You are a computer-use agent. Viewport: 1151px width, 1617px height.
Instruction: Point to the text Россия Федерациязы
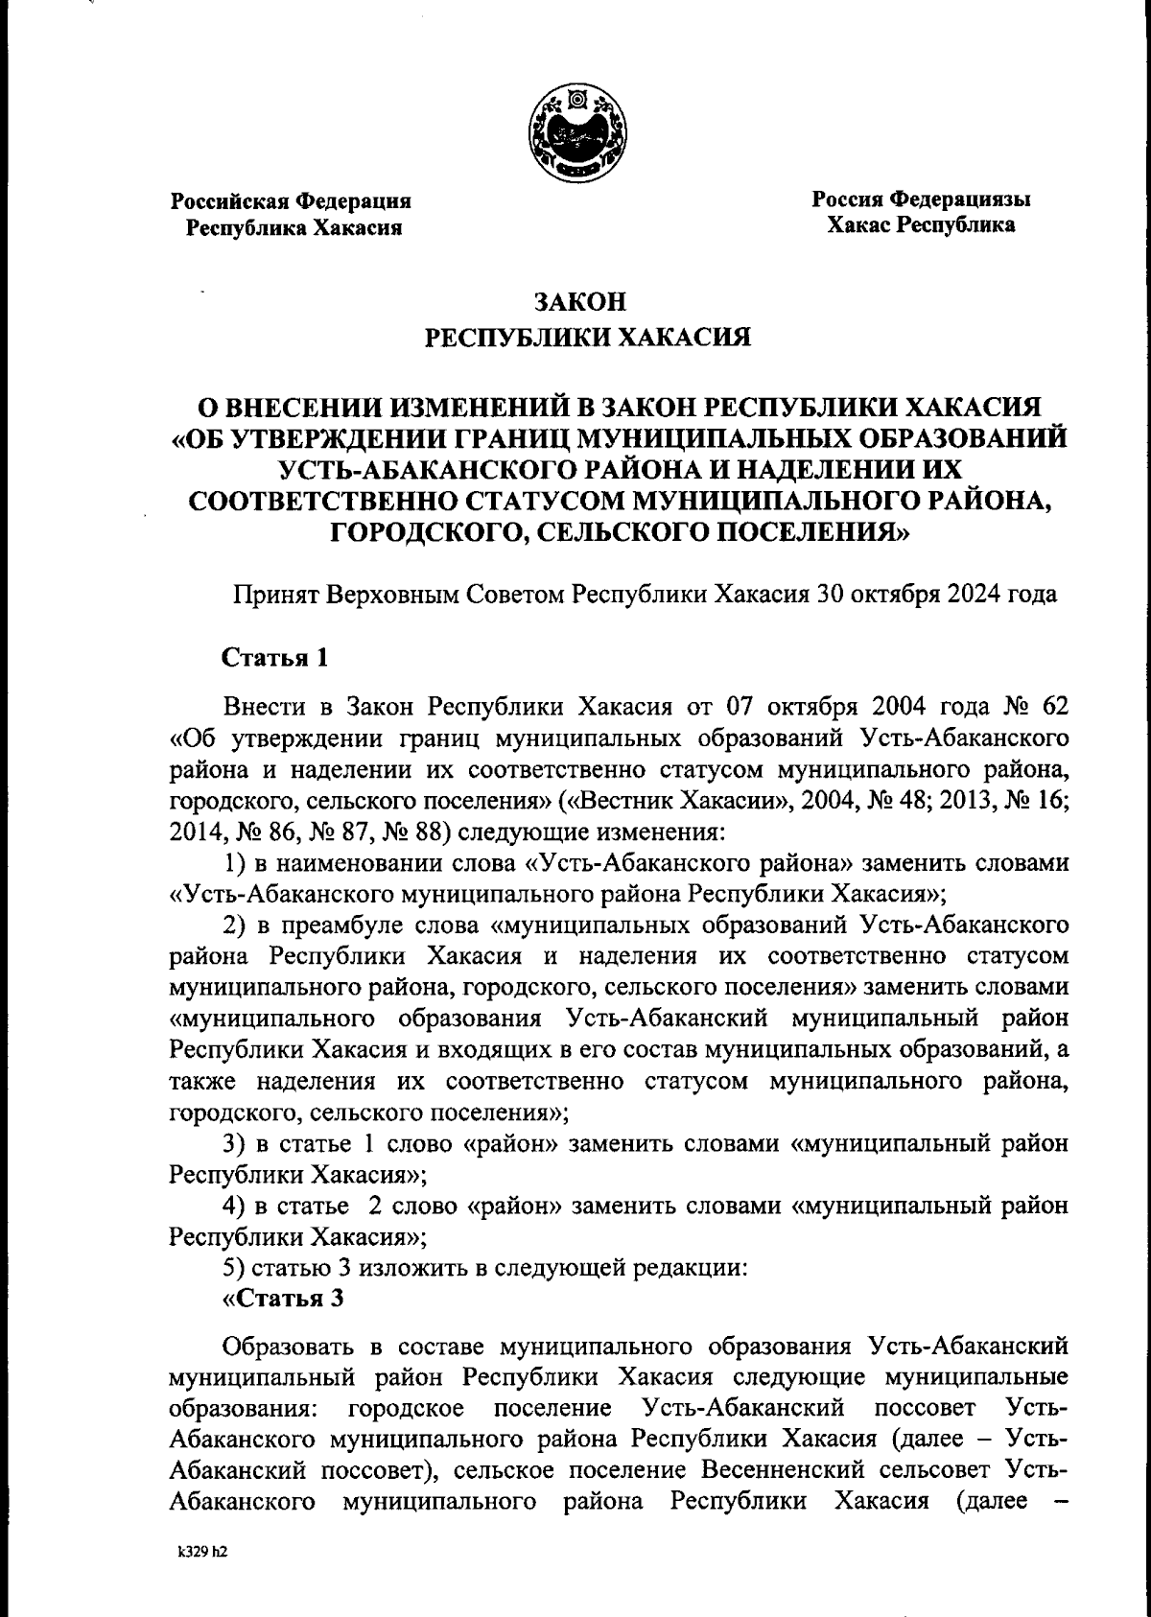921,199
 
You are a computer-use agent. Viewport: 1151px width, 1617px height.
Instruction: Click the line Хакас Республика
921,226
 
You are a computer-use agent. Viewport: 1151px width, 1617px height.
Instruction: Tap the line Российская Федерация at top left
291,201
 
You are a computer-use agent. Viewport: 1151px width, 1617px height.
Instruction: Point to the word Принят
275,595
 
